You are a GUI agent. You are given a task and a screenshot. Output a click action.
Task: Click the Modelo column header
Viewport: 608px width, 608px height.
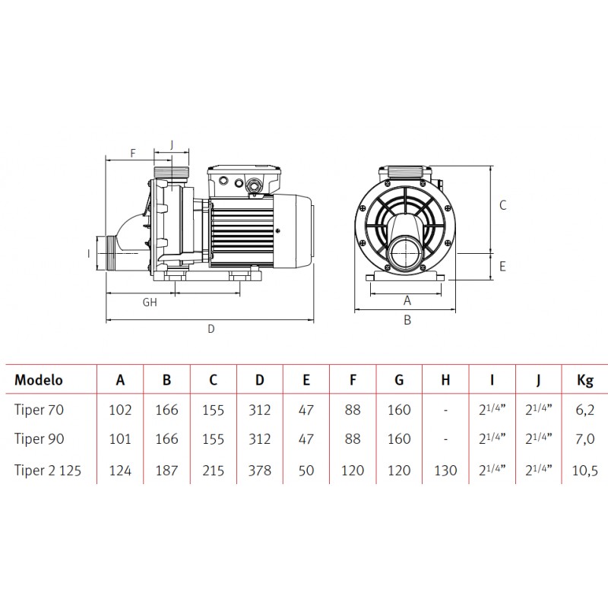click(39, 379)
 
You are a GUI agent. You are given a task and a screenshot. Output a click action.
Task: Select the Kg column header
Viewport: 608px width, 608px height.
click(584, 381)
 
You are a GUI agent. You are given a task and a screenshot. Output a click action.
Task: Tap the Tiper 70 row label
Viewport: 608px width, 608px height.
click(39, 410)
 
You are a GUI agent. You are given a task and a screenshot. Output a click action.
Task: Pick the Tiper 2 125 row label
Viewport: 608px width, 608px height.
click(48, 470)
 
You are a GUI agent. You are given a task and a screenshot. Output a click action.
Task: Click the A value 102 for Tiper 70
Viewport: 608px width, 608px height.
click(120, 410)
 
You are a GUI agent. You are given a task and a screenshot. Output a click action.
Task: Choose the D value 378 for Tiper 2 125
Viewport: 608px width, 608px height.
click(259, 470)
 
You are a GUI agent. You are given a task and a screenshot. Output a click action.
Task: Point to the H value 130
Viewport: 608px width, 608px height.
click(445, 470)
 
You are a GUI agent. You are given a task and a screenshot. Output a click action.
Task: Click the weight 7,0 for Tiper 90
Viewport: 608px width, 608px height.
click(584, 439)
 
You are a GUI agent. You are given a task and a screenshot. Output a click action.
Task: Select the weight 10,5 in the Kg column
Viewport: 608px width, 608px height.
click(584, 470)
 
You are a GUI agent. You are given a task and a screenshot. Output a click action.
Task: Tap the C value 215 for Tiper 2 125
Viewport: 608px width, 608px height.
click(214, 470)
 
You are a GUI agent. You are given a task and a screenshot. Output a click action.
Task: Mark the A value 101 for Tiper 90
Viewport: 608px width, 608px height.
click(120, 439)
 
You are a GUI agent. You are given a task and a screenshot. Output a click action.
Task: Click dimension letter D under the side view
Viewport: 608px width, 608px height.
click(211, 329)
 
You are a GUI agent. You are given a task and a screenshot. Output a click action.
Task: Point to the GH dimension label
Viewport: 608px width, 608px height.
click(150, 302)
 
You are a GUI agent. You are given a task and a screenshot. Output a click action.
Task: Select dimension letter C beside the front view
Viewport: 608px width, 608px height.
click(502, 205)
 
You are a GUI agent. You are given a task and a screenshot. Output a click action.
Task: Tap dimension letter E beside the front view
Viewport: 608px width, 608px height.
click(502, 267)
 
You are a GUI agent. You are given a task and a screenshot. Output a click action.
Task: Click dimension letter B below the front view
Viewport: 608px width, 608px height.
click(407, 320)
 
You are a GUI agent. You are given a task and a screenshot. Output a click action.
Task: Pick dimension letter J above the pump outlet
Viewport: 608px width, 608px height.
click(172, 144)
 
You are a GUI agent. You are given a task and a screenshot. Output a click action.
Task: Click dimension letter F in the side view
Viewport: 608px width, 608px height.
click(133, 154)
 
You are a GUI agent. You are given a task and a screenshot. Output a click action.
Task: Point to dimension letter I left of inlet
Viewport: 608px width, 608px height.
click(89, 254)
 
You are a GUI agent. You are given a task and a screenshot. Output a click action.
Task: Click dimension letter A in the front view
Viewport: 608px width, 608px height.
click(407, 300)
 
